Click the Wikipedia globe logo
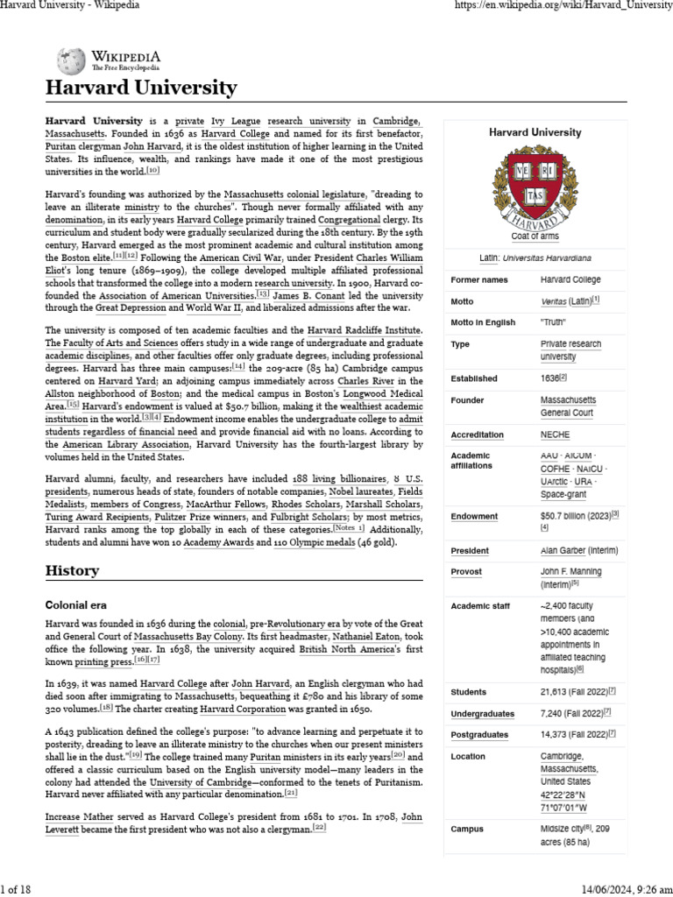[71, 60]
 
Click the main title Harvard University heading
[141, 88]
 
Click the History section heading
[72, 570]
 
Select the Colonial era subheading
[78, 604]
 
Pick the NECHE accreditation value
[556, 434]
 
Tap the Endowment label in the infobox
[474, 517]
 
